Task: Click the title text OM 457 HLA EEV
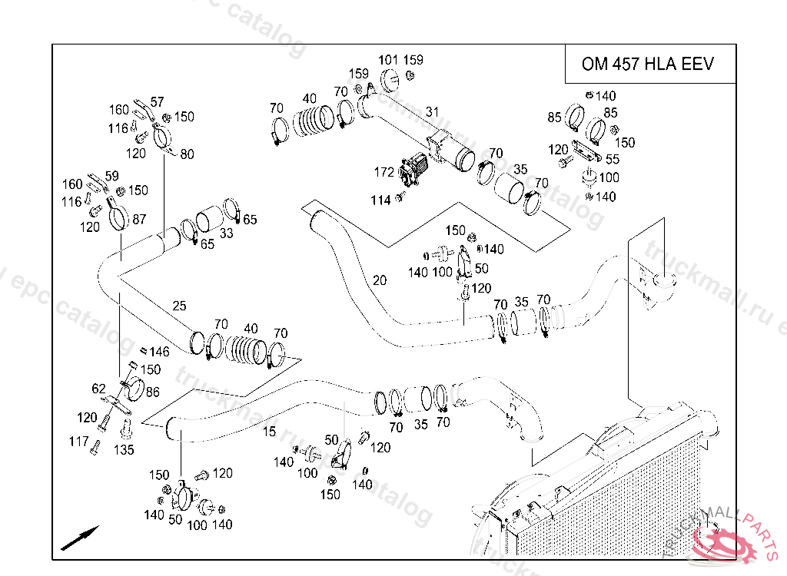tap(647, 64)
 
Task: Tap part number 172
tap(384, 172)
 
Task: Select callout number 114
tap(381, 200)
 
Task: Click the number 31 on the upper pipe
tap(433, 112)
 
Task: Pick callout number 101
tap(389, 60)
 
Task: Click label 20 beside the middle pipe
tap(380, 280)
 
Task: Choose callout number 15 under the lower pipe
tap(269, 432)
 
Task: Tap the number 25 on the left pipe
tap(179, 306)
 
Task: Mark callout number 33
tap(227, 233)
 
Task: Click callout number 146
tap(159, 352)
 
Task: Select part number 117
tap(79, 442)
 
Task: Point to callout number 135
tap(125, 450)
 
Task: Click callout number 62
tap(98, 389)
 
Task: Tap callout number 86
tap(153, 392)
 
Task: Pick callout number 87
tap(139, 220)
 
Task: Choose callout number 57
tap(157, 101)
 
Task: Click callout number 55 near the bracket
tap(613, 160)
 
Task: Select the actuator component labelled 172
tap(415, 169)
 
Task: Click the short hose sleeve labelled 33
tap(209, 220)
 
